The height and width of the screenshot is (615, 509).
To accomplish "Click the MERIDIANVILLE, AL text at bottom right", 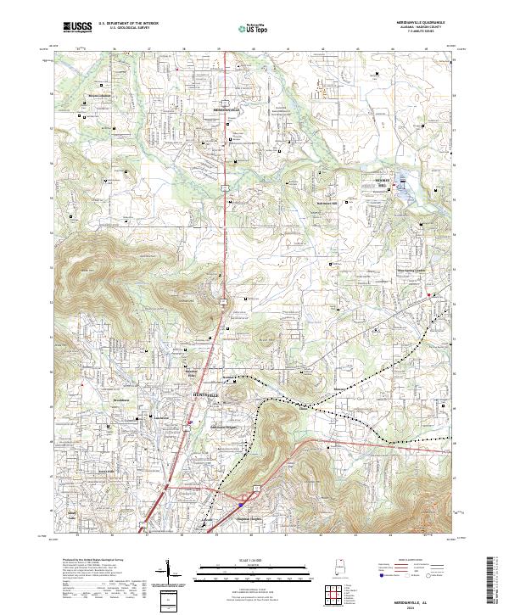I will pos(421,602).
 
